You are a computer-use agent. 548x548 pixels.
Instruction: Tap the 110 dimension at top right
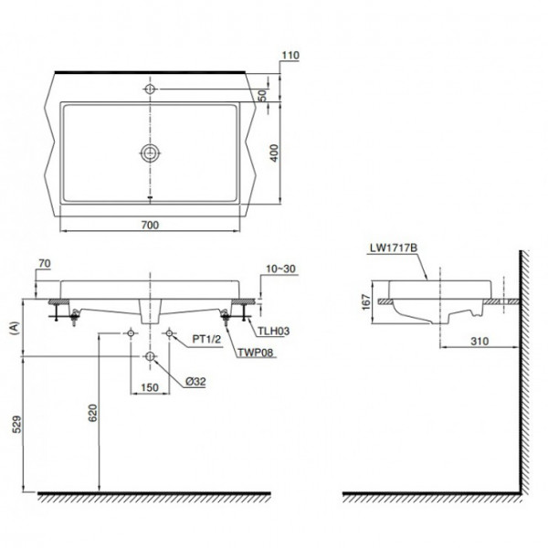291,56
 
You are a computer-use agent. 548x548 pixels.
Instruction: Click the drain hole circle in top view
150,152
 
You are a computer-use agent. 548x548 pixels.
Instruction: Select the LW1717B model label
393,248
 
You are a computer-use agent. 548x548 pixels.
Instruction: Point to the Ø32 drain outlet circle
150,355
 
